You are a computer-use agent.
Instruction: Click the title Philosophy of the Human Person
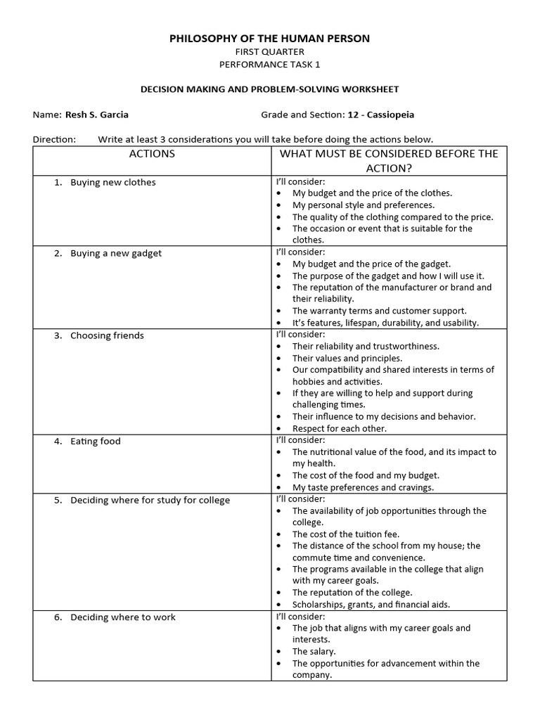point(269,39)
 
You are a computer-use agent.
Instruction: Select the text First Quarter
point(269,51)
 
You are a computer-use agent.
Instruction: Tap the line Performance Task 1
point(269,64)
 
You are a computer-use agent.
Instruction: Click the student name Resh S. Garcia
point(96,115)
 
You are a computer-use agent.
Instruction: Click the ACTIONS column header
point(152,154)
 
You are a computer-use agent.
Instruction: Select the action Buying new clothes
point(112,182)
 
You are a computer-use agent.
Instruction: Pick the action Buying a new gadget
point(115,253)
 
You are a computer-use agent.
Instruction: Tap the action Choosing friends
point(107,335)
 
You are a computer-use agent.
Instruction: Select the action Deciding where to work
point(122,617)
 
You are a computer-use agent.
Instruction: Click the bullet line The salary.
point(314,652)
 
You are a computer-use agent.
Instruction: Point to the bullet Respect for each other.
point(340,428)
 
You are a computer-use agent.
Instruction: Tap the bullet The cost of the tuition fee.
point(346,534)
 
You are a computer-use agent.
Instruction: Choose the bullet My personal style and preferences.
point(364,205)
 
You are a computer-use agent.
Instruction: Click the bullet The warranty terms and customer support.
point(379,311)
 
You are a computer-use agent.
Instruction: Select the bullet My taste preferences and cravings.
point(363,487)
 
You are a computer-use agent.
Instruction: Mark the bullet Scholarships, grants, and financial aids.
point(371,605)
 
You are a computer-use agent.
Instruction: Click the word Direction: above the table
point(54,139)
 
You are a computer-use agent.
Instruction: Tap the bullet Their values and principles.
point(347,358)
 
